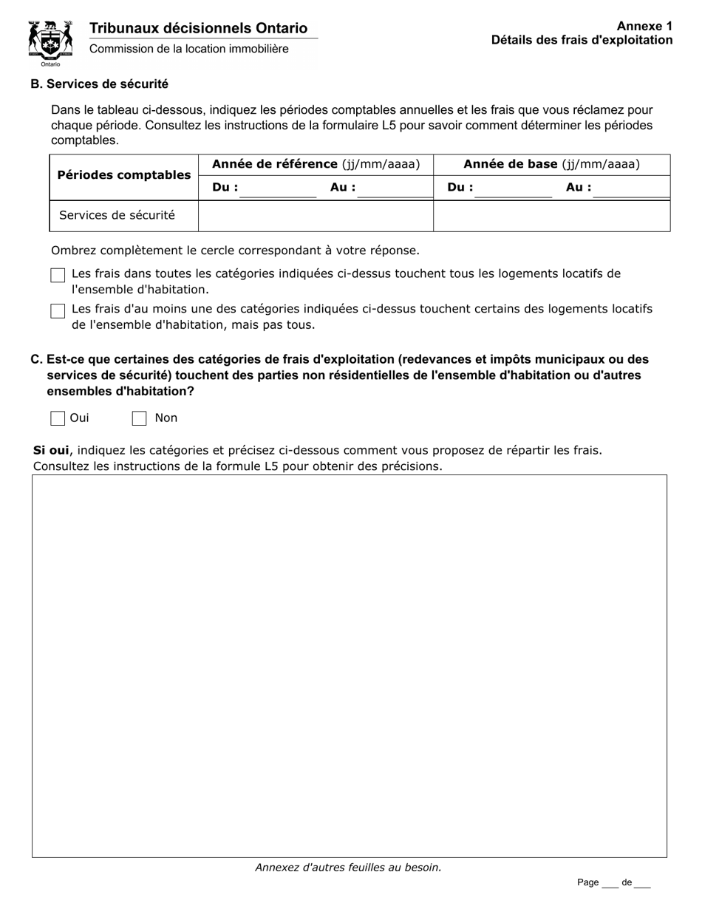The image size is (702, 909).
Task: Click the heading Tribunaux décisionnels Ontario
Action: pos(198,28)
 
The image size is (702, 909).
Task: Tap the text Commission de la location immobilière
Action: pos(189,49)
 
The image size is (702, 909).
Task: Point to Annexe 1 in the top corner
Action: pos(644,26)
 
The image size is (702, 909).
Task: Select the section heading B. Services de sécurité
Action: pos(99,84)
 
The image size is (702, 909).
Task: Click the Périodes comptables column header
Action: pos(123,175)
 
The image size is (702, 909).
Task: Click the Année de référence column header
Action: pos(316,164)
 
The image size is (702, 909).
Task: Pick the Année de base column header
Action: pos(551,164)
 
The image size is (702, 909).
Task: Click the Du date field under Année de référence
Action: pos(277,188)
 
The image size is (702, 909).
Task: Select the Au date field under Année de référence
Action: pos(395,188)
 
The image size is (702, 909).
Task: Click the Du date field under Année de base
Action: pos(513,188)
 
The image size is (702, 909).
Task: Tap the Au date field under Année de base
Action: pos(631,188)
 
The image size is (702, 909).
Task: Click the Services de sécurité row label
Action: pos(117,215)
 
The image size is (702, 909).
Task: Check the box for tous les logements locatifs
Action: pos(58,275)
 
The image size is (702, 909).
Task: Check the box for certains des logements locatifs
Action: pos(58,310)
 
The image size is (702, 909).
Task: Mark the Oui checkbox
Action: pos(58,418)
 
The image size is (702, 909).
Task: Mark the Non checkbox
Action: pos(139,418)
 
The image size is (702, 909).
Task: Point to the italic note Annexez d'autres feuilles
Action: pos(348,868)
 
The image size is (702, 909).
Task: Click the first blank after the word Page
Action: pos(610,883)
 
